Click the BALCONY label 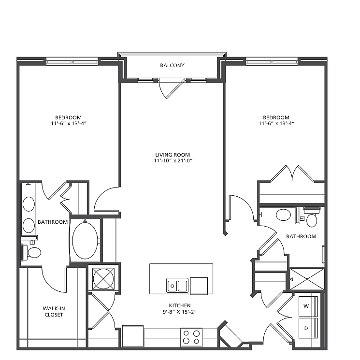click(172, 65)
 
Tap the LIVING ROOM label click(173, 155)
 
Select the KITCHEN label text click(180, 305)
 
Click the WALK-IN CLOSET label click(54, 312)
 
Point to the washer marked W click(308, 306)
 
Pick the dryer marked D click(308, 328)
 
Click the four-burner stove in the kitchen click(191, 337)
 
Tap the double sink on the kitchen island click(177, 286)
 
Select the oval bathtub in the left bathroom click(85, 241)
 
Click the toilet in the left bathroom click(31, 252)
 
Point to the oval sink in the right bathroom click(283, 215)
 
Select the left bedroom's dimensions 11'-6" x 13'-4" click(69, 124)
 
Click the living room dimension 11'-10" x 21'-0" click(173, 161)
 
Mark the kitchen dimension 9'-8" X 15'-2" click(180, 312)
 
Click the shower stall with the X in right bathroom click(307, 279)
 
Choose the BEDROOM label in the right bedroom click(276, 117)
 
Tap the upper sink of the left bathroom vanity click(29, 204)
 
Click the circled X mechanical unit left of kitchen click(103, 278)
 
